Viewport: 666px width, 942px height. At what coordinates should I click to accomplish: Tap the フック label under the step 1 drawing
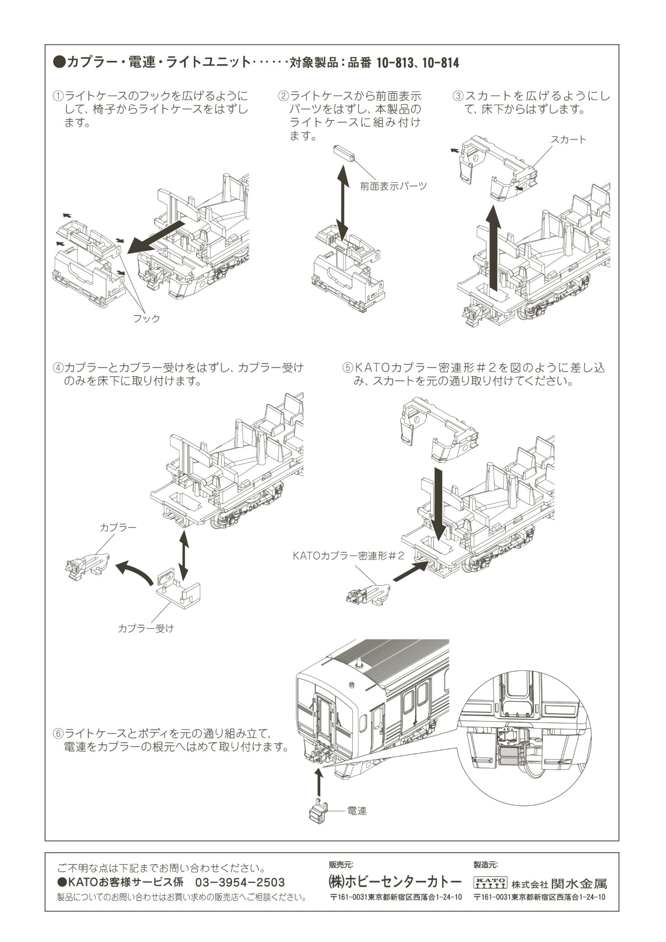[x=146, y=319]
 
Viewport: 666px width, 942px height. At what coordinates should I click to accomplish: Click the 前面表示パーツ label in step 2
[x=393, y=186]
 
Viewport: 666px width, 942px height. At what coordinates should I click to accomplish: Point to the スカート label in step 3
[x=568, y=139]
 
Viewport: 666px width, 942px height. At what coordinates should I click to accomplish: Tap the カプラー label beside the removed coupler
[x=118, y=527]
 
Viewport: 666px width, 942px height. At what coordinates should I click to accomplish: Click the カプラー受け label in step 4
[x=145, y=628]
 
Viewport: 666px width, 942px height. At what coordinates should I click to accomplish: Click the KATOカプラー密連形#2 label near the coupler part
[x=349, y=556]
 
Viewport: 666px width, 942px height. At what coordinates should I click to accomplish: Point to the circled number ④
[x=58, y=368]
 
